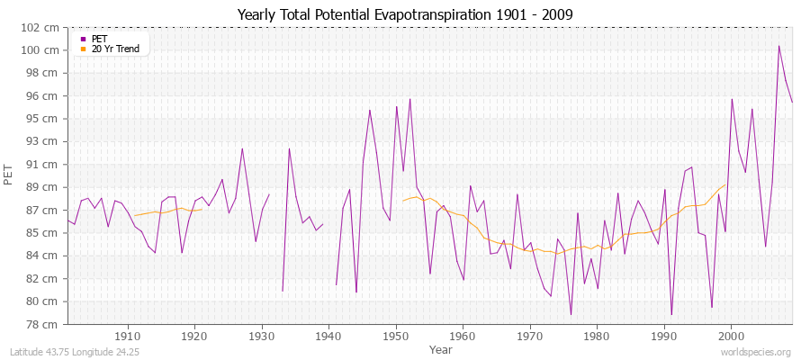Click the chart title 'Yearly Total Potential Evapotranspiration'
(x=404, y=14)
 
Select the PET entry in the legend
(x=99, y=39)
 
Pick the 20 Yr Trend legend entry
(x=116, y=49)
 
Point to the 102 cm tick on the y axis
(x=43, y=27)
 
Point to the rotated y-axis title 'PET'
(x=10, y=175)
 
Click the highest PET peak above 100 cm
(x=779, y=46)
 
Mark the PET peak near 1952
(x=409, y=99)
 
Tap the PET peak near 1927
(x=242, y=148)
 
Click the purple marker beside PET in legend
(x=83, y=39)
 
